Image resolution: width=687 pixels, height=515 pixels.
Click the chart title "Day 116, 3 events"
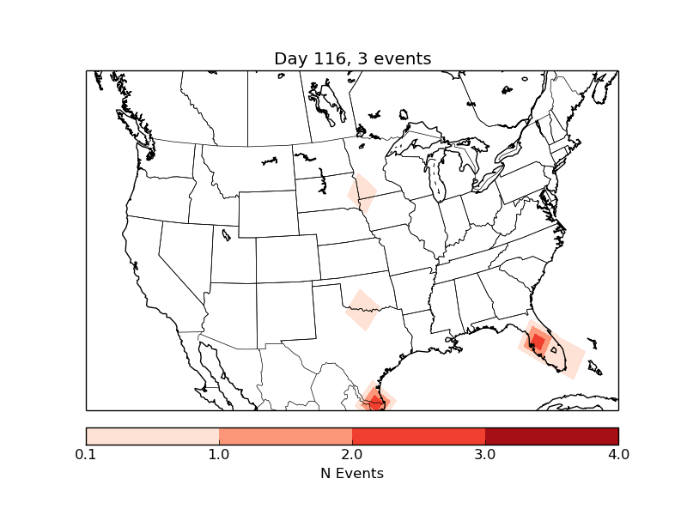(352, 58)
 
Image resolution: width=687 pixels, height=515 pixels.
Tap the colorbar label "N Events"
(352, 473)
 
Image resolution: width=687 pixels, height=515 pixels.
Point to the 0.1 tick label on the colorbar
(86, 454)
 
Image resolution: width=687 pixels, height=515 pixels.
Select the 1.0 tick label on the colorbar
(219, 454)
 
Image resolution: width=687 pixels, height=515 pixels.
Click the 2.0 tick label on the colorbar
(352, 454)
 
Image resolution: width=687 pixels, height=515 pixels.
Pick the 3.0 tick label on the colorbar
(485, 454)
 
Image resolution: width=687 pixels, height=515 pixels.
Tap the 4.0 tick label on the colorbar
(618, 454)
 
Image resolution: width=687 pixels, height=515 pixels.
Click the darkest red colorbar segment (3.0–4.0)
(551, 435)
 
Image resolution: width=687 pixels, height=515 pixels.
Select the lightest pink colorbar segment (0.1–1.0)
(152, 435)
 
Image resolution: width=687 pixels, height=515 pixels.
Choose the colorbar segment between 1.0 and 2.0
(285, 435)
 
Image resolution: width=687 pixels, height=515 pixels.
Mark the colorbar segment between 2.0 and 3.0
(418, 435)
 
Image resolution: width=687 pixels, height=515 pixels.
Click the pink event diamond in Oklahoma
(362, 310)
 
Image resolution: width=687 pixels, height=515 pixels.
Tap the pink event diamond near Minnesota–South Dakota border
(362, 193)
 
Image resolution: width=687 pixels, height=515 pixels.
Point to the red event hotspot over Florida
(536, 341)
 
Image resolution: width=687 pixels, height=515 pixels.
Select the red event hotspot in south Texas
(375, 399)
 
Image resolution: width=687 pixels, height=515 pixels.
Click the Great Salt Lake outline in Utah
(226, 234)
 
